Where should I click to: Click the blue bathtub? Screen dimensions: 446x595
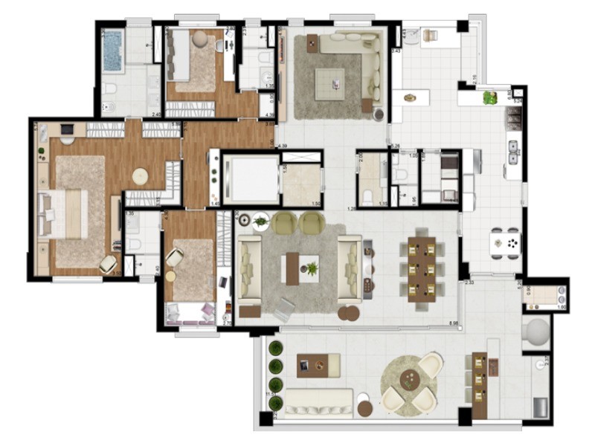click(112, 50)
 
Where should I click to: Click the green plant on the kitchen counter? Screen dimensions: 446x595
click(489, 97)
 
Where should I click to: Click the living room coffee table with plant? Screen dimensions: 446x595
click(302, 268)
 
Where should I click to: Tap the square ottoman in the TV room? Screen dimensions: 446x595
click(328, 79)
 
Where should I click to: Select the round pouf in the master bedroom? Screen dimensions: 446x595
click(141, 176)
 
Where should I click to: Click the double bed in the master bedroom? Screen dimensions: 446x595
click(66, 214)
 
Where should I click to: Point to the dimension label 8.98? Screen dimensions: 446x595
click(452, 323)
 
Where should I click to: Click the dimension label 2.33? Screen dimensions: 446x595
click(469, 283)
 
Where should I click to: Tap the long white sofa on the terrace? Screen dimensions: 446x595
click(319, 402)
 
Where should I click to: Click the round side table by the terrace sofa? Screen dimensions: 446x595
click(365, 407)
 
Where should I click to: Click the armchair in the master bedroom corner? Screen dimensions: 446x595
click(109, 262)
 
